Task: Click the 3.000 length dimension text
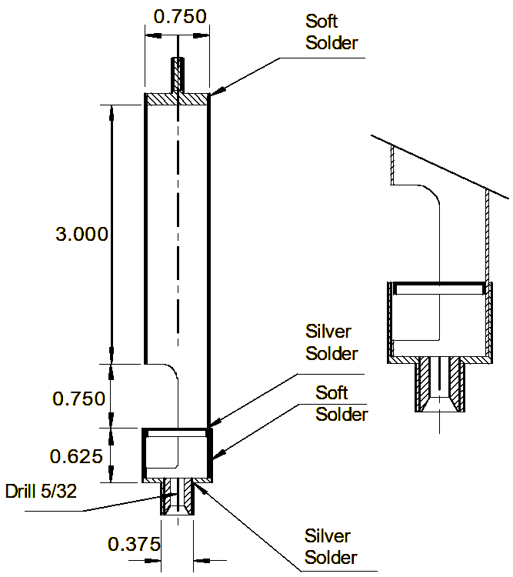[82, 234]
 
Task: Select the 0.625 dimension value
[76, 457]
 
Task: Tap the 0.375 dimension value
[134, 544]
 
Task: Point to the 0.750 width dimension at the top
[180, 17]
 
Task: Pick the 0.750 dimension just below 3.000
[78, 399]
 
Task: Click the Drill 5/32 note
[41, 492]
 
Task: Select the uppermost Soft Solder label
[331, 32]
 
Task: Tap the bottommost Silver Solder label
[331, 547]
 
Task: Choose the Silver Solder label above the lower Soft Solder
[331, 342]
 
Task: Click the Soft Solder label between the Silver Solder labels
[341, 403]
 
